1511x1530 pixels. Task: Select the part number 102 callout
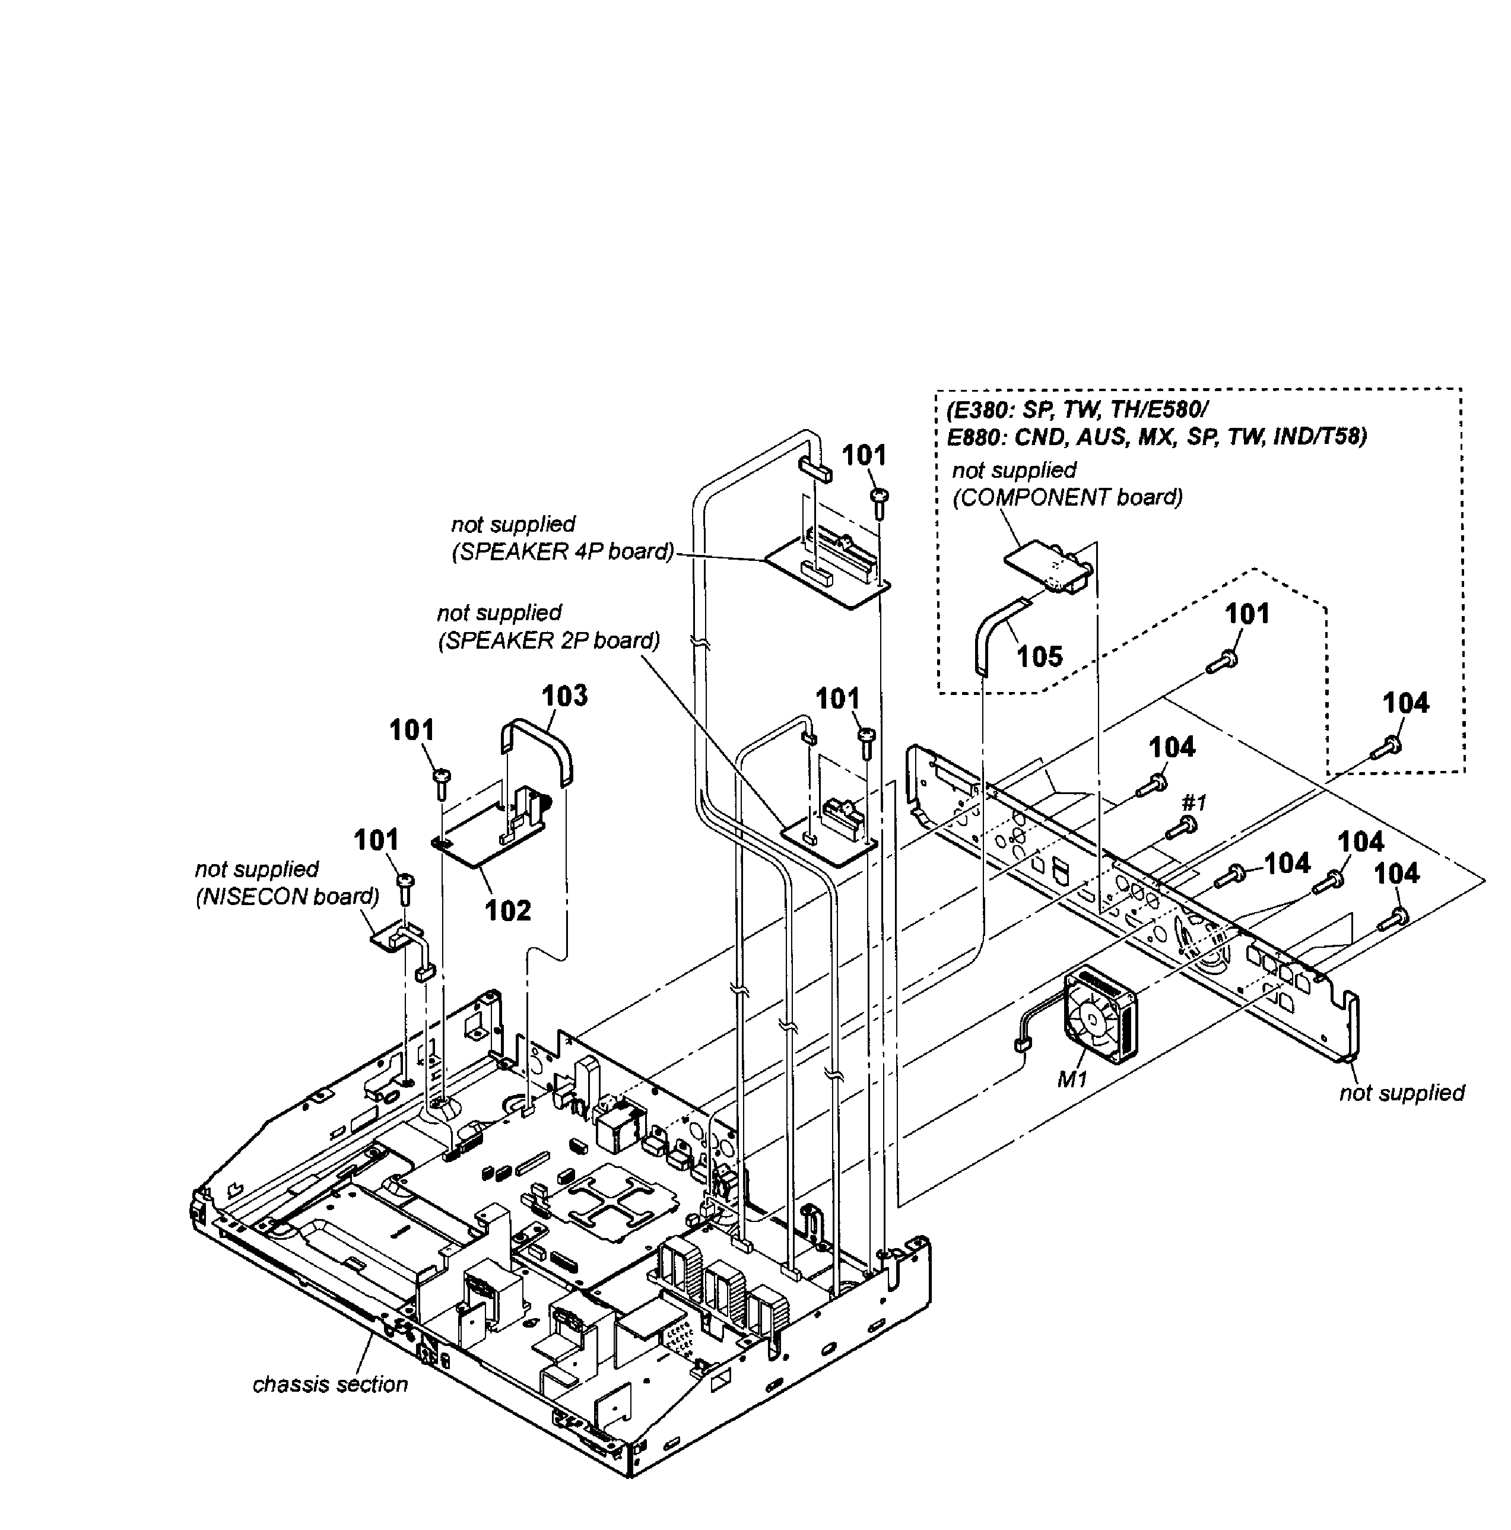507,911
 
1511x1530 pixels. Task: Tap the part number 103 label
564,696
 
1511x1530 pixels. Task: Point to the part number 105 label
1040,656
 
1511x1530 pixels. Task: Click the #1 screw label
1194,803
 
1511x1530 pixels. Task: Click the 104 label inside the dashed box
1406,703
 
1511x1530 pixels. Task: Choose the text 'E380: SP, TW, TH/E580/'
1077,410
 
